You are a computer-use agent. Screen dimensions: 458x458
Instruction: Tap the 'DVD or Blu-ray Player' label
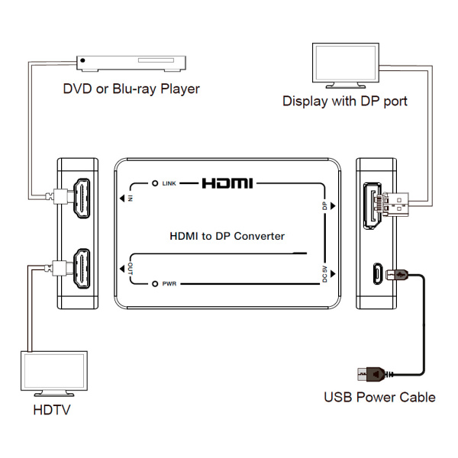131,89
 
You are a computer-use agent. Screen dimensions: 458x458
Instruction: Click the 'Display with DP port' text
344,101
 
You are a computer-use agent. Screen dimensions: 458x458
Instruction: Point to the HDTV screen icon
53,375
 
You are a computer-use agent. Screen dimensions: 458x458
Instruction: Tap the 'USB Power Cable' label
379,397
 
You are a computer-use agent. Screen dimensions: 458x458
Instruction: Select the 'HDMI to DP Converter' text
227,236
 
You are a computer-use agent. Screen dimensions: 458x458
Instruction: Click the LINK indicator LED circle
155,184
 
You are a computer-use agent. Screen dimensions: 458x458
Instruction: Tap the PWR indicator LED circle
155,283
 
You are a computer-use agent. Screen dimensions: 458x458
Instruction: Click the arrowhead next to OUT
124,269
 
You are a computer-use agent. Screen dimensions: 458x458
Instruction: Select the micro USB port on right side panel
375,273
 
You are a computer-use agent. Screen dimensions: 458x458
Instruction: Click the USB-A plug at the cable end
368,374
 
